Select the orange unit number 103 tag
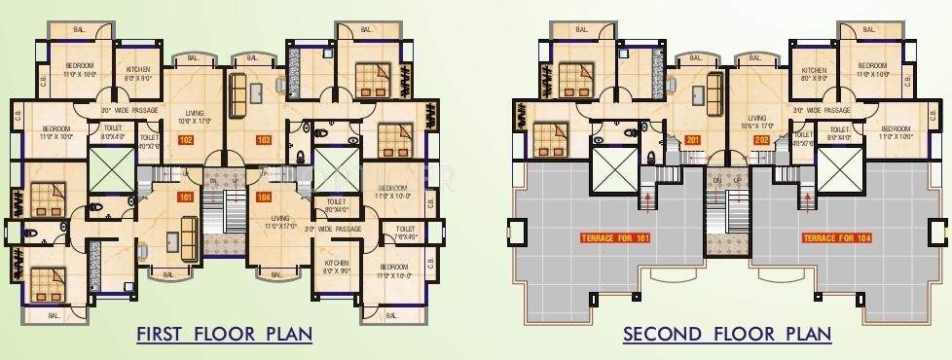coord(263,140)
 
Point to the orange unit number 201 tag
coord(693,140)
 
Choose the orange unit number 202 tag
coord(761,140)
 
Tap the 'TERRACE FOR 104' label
coord(834,237)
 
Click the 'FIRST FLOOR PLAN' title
coord(224,335)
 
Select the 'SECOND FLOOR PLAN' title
coord(727,335)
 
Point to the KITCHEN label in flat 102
coord(136,72)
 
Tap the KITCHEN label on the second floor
coord(814,72)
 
